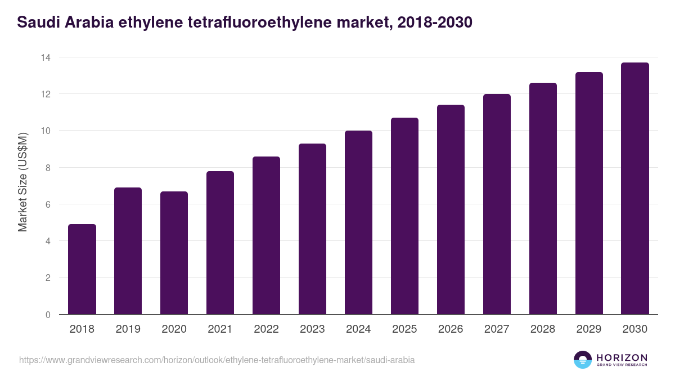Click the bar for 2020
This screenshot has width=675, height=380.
tap(174, 253)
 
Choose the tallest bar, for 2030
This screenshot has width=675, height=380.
tap(635, 189)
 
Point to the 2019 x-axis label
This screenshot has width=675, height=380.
tap(128, 329)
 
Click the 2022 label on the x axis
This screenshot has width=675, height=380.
tap(266, 329)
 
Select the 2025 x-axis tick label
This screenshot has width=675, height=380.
tap(404, 329)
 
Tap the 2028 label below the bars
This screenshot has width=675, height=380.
tap(543, 329)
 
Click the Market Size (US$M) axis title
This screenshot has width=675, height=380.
tap(22, 182)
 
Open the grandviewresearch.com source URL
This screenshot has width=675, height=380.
tap(217, 360)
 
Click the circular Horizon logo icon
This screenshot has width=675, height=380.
tap(583, 360)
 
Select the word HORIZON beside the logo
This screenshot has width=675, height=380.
tap(622, 357)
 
